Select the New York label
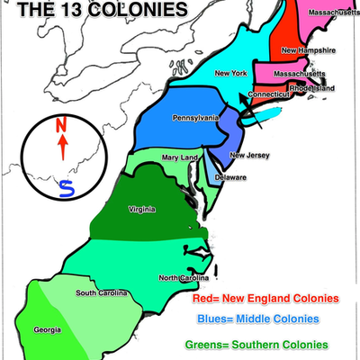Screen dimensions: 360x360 pos(230,73)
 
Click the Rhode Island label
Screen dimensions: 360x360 pos(311,88)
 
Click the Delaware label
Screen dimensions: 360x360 pos(230,177)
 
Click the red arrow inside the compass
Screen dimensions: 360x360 pos(62,148)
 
